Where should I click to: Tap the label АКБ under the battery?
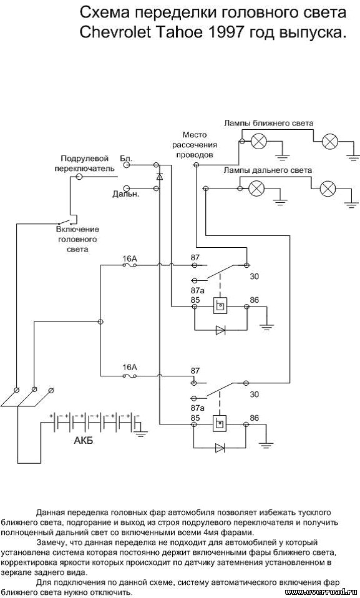83,441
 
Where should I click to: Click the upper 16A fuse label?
130,259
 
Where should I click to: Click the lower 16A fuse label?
130,367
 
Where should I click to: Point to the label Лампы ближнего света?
269,123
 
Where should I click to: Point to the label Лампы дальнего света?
268,170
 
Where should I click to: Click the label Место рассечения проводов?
195,145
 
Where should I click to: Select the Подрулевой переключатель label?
85,163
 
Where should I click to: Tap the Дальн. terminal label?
126,194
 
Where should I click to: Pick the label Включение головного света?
78,239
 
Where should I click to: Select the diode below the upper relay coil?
220,330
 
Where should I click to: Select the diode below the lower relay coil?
220,448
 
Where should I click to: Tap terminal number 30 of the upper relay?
255,276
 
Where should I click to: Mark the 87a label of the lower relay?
198,408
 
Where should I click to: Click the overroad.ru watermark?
323,592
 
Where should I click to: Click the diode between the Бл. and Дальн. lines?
160,177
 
